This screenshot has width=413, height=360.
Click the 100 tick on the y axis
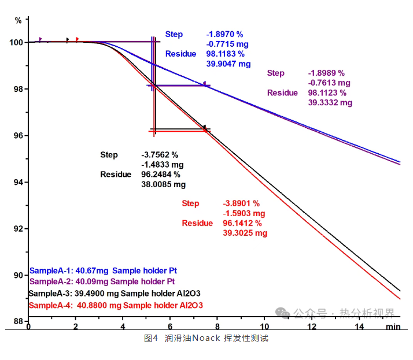click(17, 43)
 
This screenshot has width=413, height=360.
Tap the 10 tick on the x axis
click(264, 327)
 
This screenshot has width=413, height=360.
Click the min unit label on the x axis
click(393, 327)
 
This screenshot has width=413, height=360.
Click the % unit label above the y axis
click(19, 20)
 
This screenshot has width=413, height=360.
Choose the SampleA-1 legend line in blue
click(102, 270)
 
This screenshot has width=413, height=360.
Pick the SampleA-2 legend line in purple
click(102, 282)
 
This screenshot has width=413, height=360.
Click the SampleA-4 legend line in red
click(116, 305)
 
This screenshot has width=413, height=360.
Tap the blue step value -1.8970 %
click(226, 35)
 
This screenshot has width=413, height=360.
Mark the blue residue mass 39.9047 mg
click(228, 64)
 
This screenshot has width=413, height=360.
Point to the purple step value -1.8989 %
click(327, 73)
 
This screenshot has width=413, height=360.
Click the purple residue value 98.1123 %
click(327, 93)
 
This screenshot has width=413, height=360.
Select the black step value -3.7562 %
click(160, 155)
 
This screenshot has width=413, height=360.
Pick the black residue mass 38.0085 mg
click(164, 185)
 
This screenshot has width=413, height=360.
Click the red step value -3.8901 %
click(241, 203)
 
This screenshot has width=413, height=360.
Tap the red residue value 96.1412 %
click(242, 224)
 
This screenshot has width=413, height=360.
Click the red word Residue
click(198, 224)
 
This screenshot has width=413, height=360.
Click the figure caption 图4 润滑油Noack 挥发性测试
click(206, 339)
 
